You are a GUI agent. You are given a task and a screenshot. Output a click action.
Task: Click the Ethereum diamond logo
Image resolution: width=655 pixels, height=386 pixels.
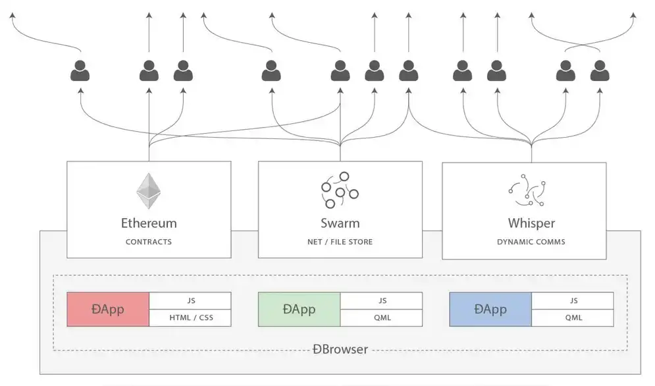click(149, 191)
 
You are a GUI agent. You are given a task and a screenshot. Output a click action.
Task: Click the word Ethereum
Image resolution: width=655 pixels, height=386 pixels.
click(149, 223)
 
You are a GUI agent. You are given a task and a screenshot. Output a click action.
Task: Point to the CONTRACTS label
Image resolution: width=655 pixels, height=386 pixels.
click(149, 242)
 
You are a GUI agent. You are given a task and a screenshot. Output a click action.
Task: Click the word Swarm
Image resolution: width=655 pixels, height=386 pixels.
click(340, 223)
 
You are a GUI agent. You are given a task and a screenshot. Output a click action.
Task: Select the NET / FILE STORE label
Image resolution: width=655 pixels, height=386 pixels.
click(340, 242)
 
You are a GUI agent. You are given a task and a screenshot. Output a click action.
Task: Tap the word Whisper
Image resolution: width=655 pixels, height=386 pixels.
click(531, 223)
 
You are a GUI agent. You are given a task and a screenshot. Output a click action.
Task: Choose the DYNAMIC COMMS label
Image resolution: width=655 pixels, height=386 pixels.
click(531, 242)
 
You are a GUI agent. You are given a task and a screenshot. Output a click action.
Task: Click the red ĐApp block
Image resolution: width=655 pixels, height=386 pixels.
click(108, 309)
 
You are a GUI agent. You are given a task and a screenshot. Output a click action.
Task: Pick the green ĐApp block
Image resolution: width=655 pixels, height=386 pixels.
click(299, 309)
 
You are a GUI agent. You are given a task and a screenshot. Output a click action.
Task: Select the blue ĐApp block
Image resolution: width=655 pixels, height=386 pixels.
click(490, 309)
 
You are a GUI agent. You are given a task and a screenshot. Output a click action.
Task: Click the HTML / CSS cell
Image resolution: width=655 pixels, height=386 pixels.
click(191, 317)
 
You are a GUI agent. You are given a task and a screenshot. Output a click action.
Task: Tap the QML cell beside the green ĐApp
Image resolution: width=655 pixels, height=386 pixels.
click(382, 317)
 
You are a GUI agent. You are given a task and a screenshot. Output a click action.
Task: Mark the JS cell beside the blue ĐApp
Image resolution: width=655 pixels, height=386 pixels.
click(573, 300)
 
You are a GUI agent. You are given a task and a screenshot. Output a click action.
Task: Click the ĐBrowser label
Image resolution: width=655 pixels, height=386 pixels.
click(340, 349)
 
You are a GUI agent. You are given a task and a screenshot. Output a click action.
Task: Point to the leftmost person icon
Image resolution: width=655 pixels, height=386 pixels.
click(80, 70)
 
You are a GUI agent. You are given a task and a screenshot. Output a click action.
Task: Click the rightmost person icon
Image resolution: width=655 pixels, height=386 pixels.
click(600, 70)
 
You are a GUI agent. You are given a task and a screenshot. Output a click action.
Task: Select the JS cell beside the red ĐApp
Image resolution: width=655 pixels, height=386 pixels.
click(191, 300)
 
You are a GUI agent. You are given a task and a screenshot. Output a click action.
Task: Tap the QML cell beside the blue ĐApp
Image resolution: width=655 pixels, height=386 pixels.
click(573, 317)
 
